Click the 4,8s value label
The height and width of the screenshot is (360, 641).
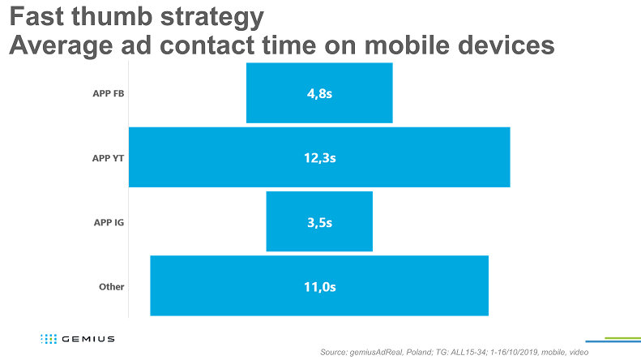coord(319,93)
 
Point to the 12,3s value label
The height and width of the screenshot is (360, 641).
coord(319,157)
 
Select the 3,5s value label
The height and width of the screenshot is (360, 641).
coord(319,221)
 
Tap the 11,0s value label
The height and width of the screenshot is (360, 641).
coord(319,285)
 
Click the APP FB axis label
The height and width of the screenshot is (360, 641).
coord(108,93)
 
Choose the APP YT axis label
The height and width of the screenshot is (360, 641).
coord(108,157)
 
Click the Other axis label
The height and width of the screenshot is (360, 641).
coord(111,286)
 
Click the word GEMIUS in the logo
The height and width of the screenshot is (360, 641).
coord(88,338)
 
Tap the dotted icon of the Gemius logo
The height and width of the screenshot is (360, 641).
coord(49,338)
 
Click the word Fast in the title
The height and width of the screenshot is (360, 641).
coord(37,16)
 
